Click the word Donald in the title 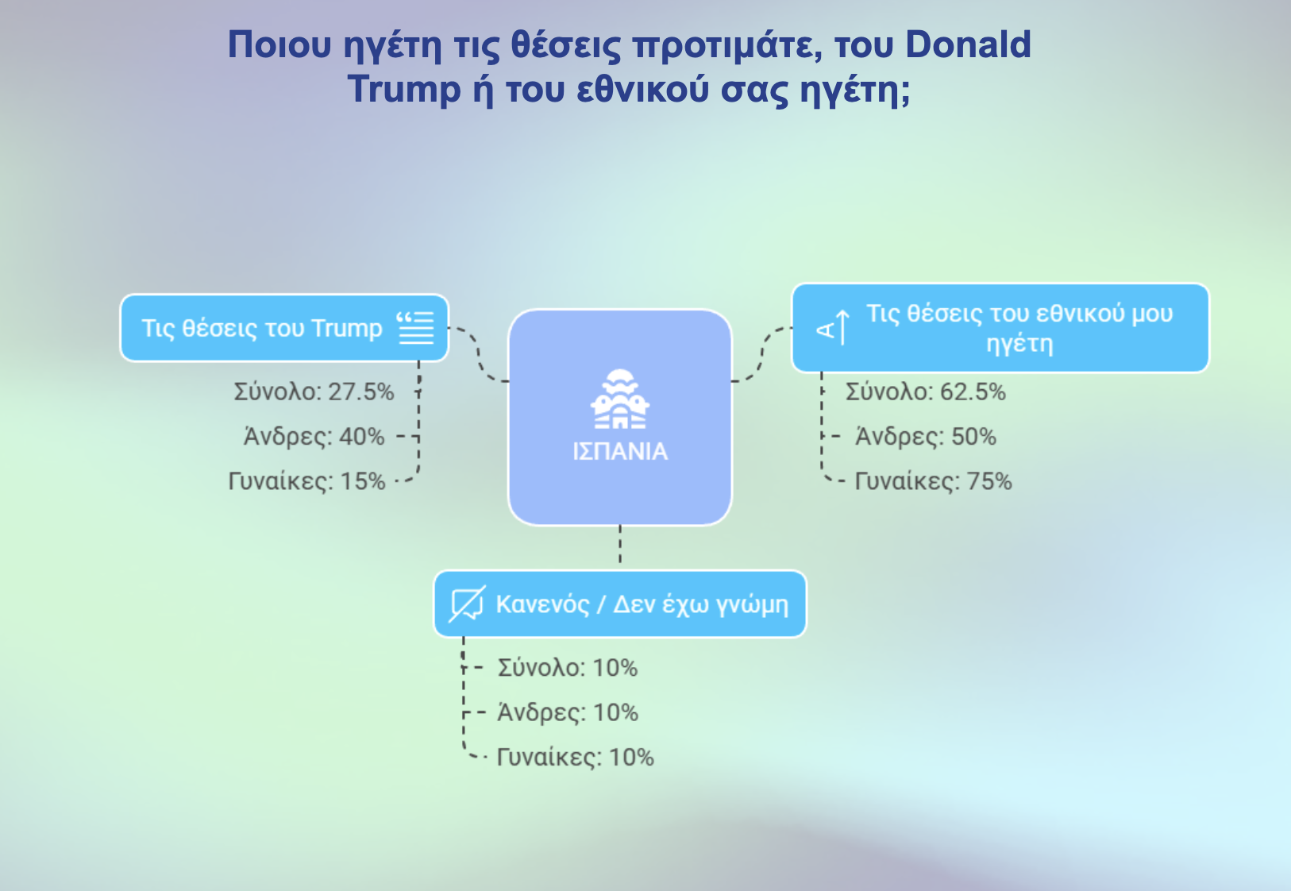968,44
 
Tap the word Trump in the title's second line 404,89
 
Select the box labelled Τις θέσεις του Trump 284,328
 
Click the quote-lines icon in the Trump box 415,328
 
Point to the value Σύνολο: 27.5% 314,392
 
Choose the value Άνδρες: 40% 314,436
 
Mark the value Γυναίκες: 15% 306,480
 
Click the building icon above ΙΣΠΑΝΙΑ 620,399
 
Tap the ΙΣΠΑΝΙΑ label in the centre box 620,451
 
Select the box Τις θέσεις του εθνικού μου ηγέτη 1000,328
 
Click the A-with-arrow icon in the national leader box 834,328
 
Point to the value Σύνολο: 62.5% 926,392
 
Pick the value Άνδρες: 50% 926,436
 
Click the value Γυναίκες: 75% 933,480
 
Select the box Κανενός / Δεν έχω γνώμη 620,604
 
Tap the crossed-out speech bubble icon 467,604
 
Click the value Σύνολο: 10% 568,667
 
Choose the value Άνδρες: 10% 568,712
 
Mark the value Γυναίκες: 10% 575,757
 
